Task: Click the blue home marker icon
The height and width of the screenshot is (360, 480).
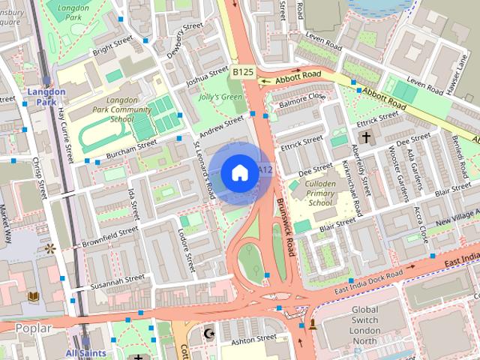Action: tap(238, 173)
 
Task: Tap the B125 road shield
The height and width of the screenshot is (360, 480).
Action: tap(242, 72)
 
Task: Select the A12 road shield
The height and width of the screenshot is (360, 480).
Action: tap(264, 171)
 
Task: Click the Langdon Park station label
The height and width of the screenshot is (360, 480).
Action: tap(46, 97)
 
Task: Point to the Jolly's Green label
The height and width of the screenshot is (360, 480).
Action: tap(221, 97)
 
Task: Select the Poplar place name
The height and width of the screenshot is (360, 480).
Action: tap(33, 328)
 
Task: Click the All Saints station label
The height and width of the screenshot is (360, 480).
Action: tap(85, 352)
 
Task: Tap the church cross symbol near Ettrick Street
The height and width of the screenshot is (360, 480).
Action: tap(366, 137)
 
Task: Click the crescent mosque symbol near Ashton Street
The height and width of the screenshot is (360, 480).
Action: tap(209, 332)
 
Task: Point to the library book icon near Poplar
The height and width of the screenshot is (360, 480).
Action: tap(33, 298)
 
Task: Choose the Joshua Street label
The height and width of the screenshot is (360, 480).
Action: tap(208, 76)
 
